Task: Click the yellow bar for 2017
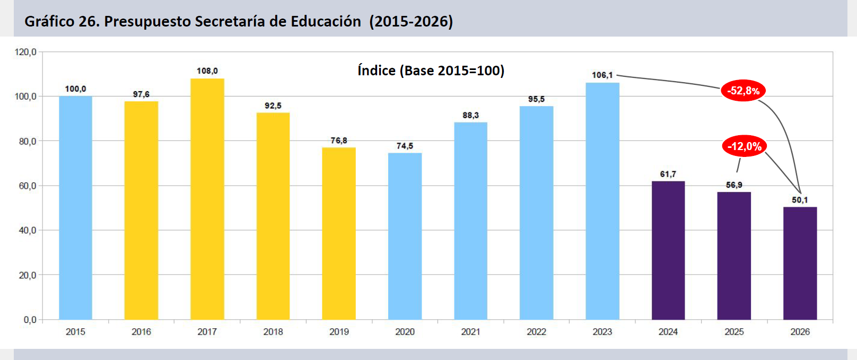click(207, 199)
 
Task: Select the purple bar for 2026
click(800, 263)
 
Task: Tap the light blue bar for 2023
click(602, 201)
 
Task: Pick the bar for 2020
click(405, 236)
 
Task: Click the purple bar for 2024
click(668, 250)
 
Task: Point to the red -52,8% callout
click(743, 91)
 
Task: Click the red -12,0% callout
click(744, 146)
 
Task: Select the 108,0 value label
click(207, 71)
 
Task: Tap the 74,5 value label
click(405, 146)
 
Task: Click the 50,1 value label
click(800, 200)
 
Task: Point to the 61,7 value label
click(668, 174)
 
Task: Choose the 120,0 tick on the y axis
click(25, 52)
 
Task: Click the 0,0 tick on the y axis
click(30, 320)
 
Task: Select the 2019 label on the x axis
click(339, 332)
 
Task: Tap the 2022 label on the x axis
click(536, 332)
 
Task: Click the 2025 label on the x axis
click(734, 332)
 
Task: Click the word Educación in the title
click(326, 21)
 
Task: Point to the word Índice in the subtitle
click(377, 71)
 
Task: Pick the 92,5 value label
click(273, 106)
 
